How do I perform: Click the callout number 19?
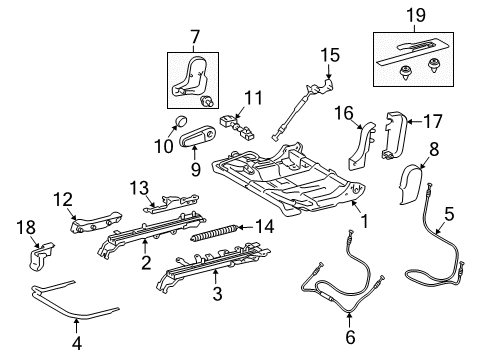416,15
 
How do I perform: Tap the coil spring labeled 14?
214,233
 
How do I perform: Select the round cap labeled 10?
181,121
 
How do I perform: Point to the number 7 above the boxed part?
195,37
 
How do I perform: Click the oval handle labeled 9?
197,138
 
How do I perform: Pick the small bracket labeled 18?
40,256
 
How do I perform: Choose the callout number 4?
77,343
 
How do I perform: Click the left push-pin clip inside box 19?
405,72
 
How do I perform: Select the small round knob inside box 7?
206,101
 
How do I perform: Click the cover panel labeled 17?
394,136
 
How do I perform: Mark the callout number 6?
350,337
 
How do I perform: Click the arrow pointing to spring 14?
247,228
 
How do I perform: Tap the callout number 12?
63,199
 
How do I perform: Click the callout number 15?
330,55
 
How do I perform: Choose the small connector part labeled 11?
237,127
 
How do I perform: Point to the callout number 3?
217,294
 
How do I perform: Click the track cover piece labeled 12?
95,221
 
